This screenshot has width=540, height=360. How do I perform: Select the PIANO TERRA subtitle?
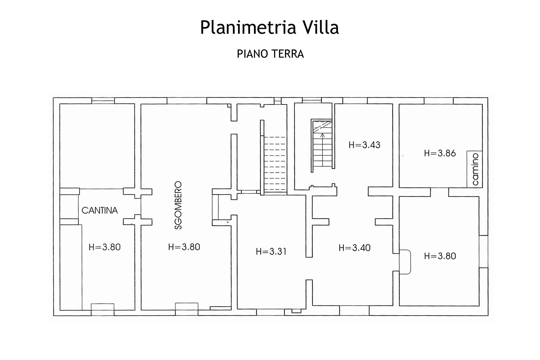(x=270, y=54)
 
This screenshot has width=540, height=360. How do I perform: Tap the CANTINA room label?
(x=100, y=210)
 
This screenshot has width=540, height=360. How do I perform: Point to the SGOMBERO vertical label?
(x=178, y=205)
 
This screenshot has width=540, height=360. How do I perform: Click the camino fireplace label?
(x=475, y=169)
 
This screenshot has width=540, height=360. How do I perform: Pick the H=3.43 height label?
(x=364, y=145)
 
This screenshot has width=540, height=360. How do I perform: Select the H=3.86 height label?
(x=440, y=153)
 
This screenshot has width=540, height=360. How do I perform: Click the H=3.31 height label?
(x=271, y=251)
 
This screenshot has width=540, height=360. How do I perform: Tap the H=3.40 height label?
(x=354, y=248)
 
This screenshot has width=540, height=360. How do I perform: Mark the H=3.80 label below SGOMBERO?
(x=184, y=247)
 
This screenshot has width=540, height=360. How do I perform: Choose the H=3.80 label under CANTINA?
(x=105, y=247)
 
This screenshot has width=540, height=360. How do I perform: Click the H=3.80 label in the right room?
(x=440, y=256)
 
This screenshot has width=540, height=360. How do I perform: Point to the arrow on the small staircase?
(x=322, y=137)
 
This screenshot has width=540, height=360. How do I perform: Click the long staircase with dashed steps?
(x=275, y=165)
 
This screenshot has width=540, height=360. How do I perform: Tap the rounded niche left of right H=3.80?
(x=405, y=262)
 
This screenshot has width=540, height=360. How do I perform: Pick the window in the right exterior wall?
(x=483, y=251)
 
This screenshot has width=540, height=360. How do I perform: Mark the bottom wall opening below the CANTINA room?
(x=103, y=307)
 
